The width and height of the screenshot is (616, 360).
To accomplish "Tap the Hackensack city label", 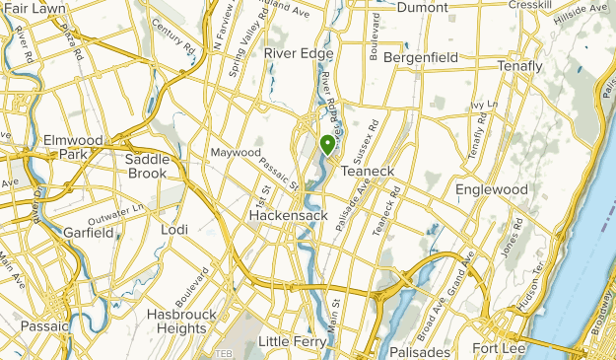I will [x=281, y=215].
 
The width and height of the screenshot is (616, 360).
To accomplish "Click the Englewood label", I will [x=492, y=189].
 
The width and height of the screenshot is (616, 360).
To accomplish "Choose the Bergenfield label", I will [x=421, y=58].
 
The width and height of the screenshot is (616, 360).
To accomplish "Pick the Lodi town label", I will [x=173, y=230].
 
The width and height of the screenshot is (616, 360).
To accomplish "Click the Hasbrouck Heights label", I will [x=181, y=321].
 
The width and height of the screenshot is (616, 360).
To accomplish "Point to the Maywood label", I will [x=236, y=153].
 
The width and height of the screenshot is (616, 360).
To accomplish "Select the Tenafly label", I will [x=520, y=66].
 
